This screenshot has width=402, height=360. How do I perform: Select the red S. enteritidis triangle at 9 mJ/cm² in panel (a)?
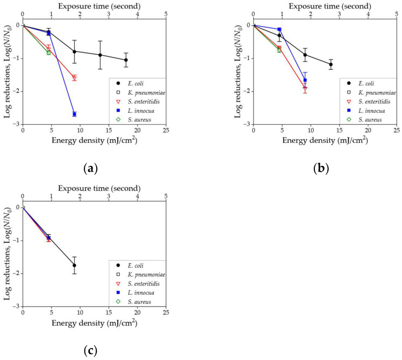click(x=74, y=78)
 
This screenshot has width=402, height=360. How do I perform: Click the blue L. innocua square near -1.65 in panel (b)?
click(x=305, y=80)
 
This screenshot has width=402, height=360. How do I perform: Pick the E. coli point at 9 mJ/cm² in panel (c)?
click(x=74, y=265)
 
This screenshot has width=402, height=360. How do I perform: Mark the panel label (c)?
click(x=90, y=351)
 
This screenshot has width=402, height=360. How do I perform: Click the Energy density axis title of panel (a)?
click(x=94, y=141)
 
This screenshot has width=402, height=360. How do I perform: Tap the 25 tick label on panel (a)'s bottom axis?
click(x=166, y=131)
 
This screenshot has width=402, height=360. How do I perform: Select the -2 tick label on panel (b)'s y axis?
click(x=247, y=91)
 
